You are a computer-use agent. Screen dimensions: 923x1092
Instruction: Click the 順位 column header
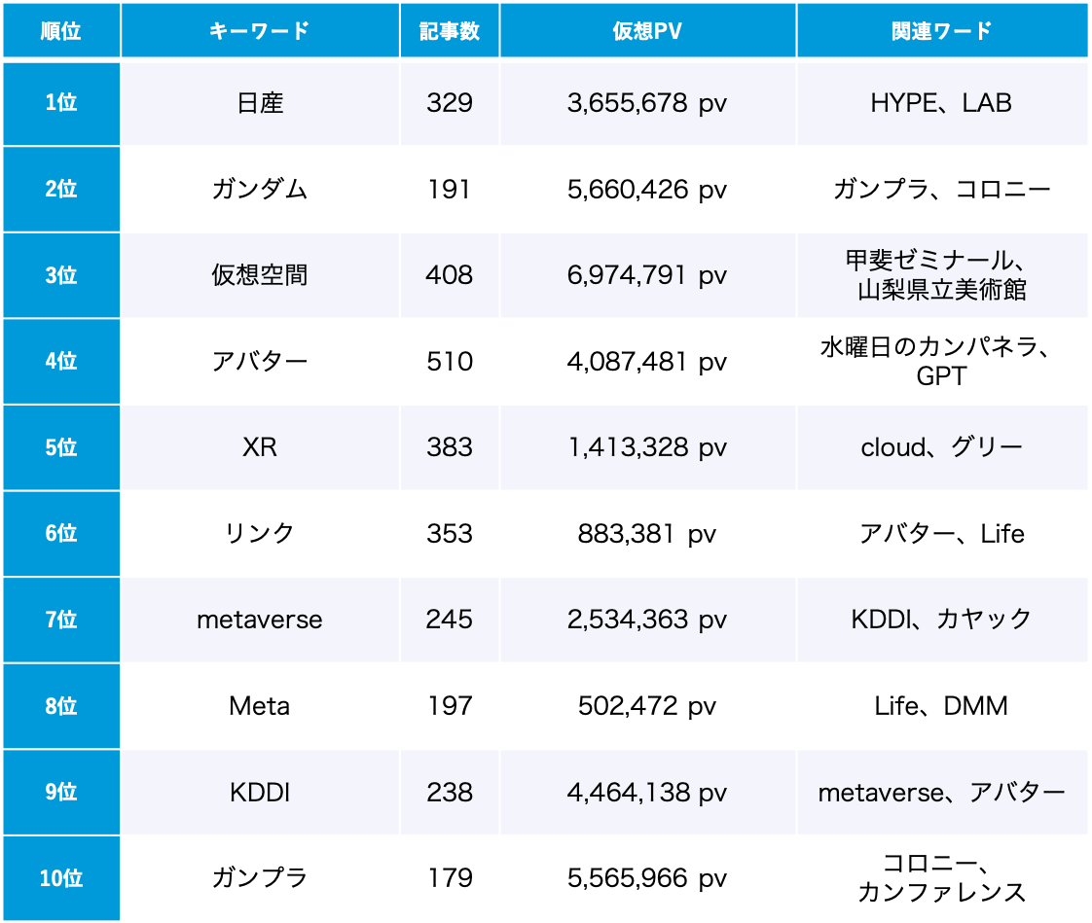click(60, 31)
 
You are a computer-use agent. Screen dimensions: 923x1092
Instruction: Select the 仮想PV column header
click(647, 31)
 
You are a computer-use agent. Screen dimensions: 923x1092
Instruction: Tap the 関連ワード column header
click(941, 31)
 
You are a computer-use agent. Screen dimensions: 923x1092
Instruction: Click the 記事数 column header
click(450, 31)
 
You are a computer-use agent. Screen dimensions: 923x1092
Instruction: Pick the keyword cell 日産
click(260, 103)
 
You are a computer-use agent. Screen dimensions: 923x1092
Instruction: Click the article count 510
click(450, 362)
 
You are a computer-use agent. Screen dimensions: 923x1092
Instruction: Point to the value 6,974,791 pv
click(647, 275)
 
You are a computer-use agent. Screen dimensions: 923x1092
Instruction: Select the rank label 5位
click(60, 447)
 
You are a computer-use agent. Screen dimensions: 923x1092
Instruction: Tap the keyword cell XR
click(260, 447)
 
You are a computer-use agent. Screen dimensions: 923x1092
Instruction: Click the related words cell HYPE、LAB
click(941, 103)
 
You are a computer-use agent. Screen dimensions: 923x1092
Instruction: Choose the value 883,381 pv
click(647, 534)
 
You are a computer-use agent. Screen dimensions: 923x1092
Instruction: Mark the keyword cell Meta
click(260, 706)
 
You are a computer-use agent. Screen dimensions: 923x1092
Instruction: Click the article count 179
click(450, 878)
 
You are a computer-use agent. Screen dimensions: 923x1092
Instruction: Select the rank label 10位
click(60, 878)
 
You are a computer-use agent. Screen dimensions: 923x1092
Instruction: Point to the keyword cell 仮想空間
click(260, 275)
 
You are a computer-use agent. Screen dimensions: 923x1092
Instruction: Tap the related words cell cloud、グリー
click(941, 447)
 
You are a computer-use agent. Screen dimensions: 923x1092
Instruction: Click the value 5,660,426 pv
click(647, 189)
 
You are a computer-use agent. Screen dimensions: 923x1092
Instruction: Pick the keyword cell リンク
click(260, 534)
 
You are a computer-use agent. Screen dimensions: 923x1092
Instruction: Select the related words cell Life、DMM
click(941, 706)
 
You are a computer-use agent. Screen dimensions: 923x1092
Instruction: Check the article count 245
click(450, 620)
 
